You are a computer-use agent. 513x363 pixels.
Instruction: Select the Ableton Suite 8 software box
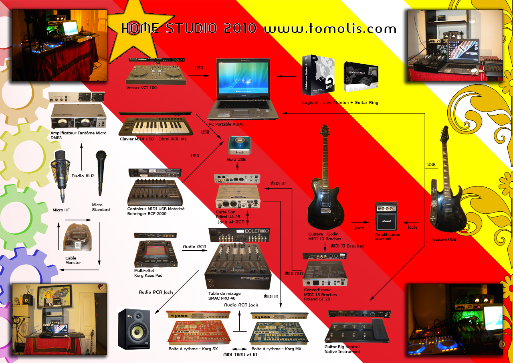[319, 74]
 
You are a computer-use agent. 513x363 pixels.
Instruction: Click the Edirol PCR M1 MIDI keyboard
[155, 128]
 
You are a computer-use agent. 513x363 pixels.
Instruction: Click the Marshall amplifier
[386, 216]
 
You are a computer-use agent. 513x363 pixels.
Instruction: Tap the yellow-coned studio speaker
[134, 329]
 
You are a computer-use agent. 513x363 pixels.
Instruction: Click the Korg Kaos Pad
[157, 253]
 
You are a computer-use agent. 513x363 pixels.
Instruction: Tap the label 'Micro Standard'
[101, 207]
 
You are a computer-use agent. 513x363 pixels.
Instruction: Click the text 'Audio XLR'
[83, 176]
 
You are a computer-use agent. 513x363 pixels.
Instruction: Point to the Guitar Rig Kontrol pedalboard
[357, 331]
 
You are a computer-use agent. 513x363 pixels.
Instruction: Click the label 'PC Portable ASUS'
[226, 124]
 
